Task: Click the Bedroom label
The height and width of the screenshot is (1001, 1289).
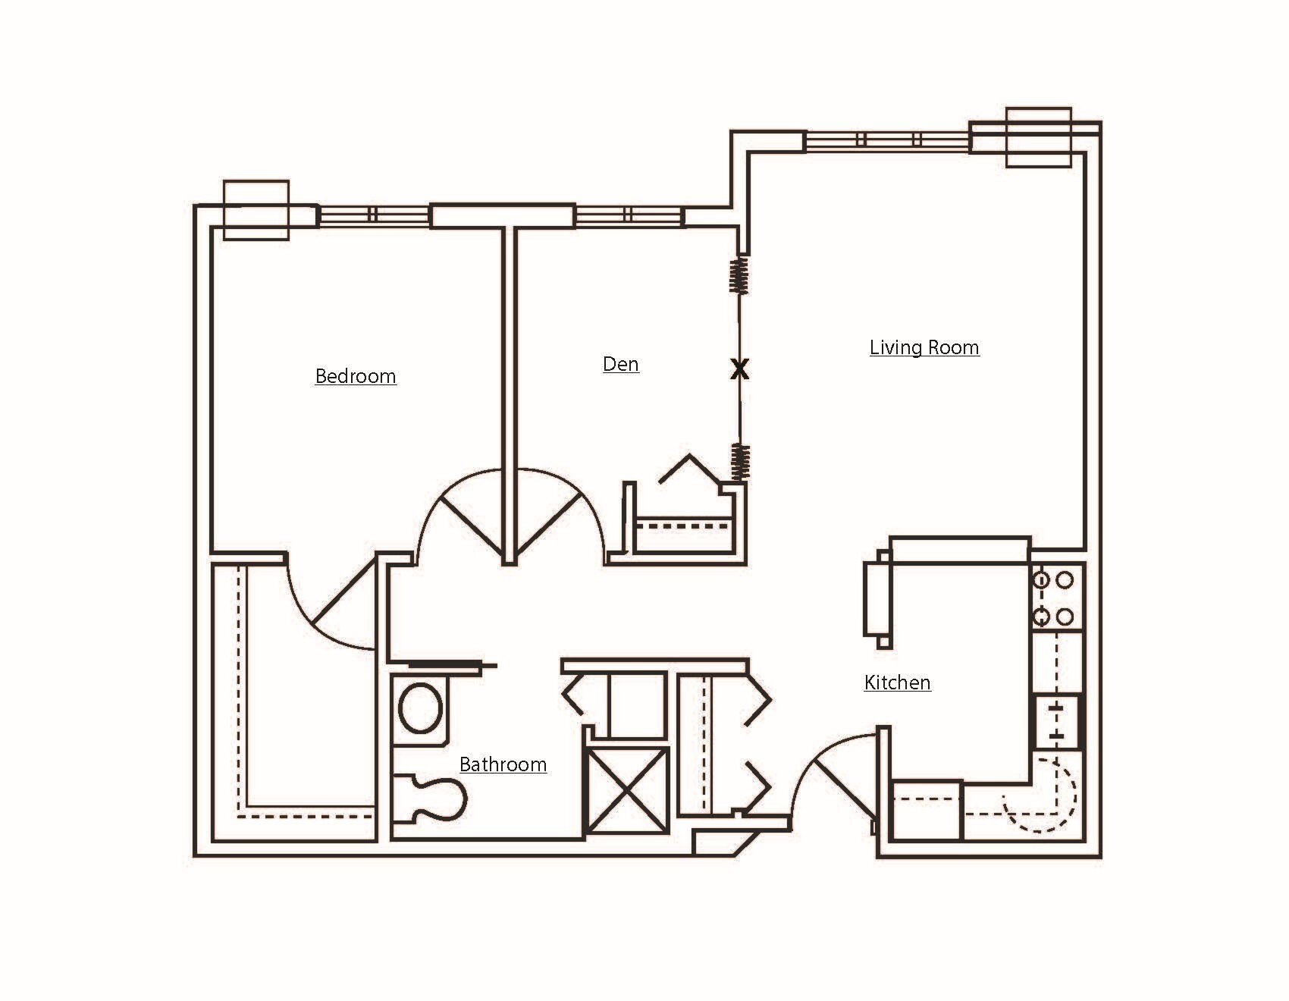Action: tap(356, 376)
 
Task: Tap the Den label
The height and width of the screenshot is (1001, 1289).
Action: tap(620, 364)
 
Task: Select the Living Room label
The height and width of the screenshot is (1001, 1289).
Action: tap(924, 347)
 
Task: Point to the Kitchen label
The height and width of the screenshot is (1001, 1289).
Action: tap(897, 682)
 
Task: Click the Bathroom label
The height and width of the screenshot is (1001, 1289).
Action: tap(503, 764)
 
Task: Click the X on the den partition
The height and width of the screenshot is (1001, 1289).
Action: tap(739, 370)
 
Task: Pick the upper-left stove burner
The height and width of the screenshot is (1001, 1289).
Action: tap(1042, 580)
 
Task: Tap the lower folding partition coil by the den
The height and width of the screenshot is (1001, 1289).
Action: tap(739, 460)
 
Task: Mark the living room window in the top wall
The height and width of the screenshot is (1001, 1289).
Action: tap(887, 140)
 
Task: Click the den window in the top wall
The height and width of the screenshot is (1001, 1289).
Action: tap(629, 215)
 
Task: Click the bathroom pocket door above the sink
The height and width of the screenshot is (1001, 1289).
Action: tap(447, 666)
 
